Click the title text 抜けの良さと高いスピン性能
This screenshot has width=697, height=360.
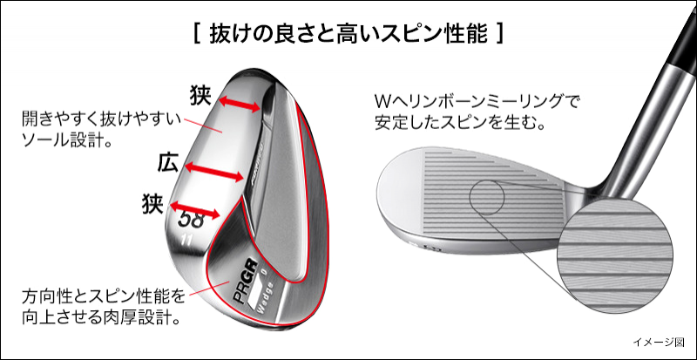point(348,36)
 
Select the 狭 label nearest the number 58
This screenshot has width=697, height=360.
point(152,205)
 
